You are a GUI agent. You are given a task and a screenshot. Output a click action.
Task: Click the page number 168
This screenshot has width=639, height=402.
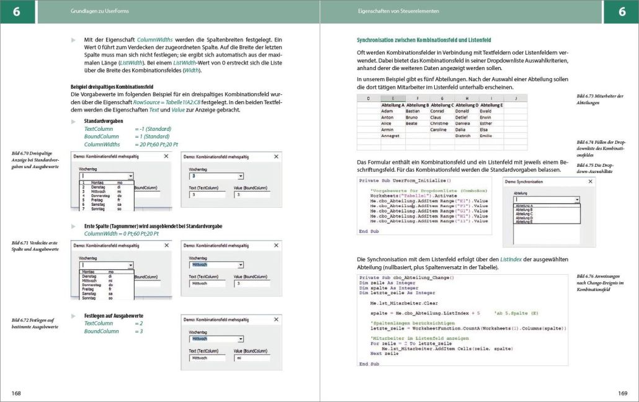coord(16,393)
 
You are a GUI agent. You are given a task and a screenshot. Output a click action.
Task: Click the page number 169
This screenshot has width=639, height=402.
coord(622,393)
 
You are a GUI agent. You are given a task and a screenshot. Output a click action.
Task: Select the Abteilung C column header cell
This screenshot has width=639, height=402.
coord(442,105)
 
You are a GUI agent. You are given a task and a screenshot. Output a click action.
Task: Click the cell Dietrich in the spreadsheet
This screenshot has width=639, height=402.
coord(465,135)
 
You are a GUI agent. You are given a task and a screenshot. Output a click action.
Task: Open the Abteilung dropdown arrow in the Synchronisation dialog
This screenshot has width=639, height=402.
coord(577,200)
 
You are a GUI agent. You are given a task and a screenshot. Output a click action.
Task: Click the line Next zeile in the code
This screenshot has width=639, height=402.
coord(385,353)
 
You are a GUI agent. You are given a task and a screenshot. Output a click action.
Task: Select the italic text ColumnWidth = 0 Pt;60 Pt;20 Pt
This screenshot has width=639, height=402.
coord(122,234)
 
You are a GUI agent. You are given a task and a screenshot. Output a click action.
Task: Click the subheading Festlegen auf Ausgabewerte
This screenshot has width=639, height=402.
coord(114,316)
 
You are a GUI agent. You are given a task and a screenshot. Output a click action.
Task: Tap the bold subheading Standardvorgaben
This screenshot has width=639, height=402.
coord(104,121)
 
